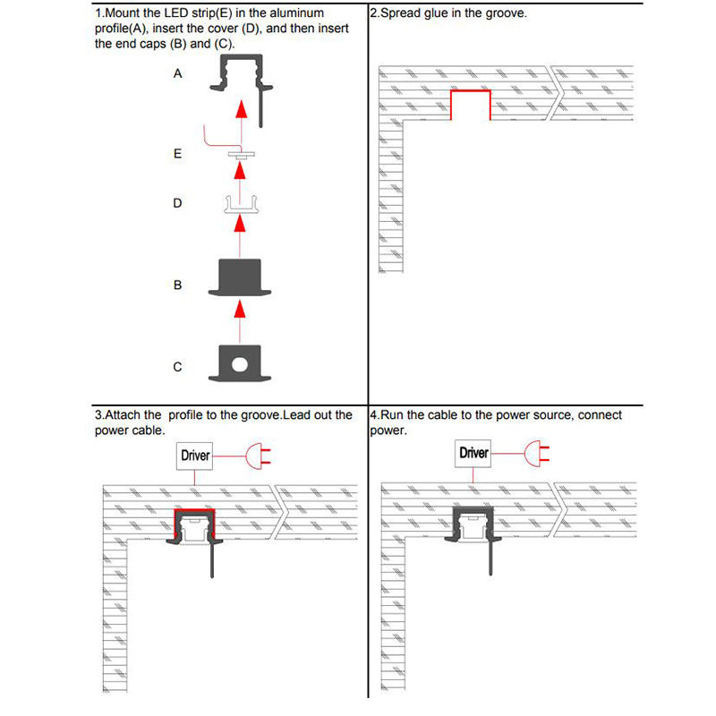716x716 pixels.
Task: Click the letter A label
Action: [177, 74]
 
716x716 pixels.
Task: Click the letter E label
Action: [177, 154]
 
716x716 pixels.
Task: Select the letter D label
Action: [177, 203]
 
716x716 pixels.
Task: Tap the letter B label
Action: [177, 285]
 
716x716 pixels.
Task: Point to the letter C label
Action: [177, 367]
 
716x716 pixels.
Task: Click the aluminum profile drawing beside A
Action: [240, 79]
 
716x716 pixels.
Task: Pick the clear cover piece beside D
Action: [239, 206]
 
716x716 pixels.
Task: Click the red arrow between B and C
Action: [239, 311]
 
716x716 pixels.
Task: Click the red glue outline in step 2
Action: [471, 93]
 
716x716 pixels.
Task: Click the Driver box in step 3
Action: [195, 456]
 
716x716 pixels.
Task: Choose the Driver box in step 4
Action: [474, 453]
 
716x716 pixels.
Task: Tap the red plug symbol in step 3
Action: [260, 456]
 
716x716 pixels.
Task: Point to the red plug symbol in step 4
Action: [539, 453]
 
